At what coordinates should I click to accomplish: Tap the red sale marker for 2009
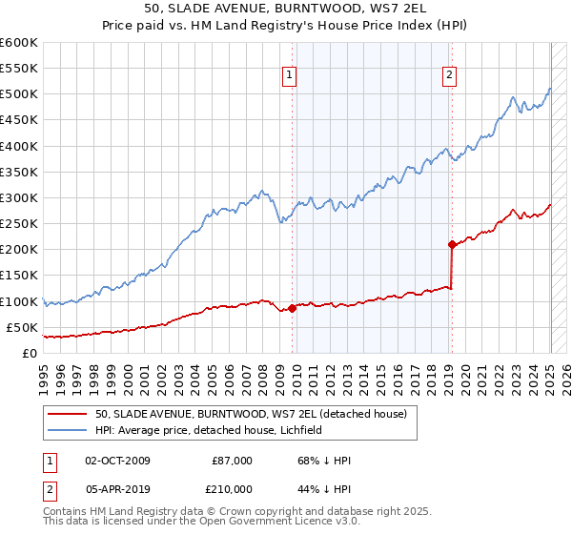coord(293,307)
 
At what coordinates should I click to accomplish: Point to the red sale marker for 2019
coord(452,244)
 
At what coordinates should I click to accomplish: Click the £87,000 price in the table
coord(232,461)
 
